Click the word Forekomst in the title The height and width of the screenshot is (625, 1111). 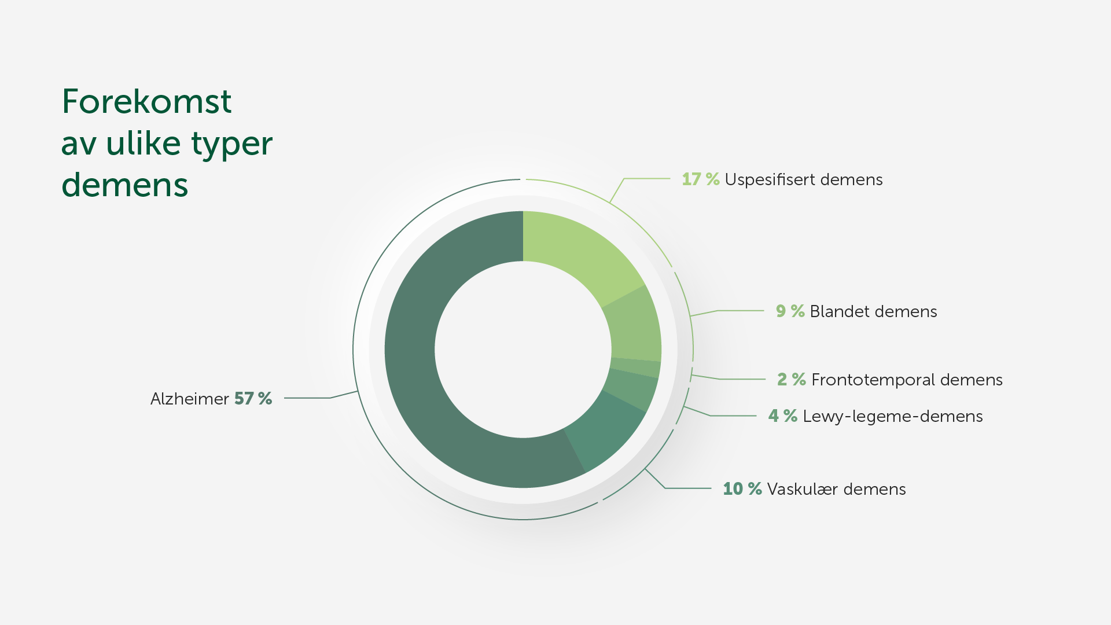point(147,102)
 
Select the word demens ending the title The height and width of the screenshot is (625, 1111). point(125,186)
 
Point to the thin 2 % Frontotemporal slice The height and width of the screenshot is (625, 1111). point(635,368)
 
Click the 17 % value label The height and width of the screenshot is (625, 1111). point(701,179)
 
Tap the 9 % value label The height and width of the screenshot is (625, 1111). point(790,311)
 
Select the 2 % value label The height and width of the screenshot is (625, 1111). point(792,380)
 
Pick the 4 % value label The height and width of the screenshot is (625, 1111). point(783,416)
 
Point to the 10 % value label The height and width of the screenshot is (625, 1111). point(742,489)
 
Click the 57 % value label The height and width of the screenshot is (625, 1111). point(253,399)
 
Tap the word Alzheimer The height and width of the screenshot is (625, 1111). point(190,399)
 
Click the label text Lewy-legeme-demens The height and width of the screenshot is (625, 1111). point(893,417)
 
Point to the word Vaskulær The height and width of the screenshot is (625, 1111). point(803,489)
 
